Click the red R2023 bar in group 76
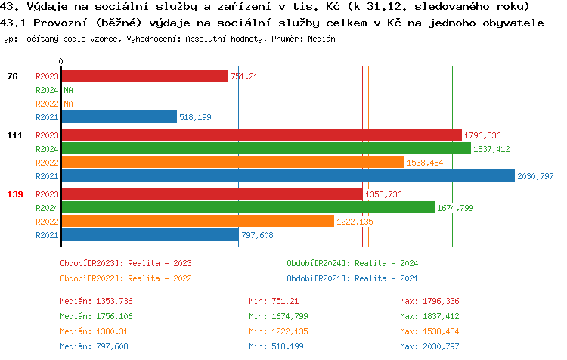[x=144, y=76]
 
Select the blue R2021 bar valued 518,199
[x=119, y=116]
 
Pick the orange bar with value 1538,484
[x=232, y=163]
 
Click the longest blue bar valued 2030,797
[x=287, y=176]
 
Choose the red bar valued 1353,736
[x=212, y=194]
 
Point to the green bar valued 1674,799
[x=247, y=208]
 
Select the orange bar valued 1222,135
[x=197, y=222]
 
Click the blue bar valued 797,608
[x=149, y=235]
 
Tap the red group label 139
[x=15, y=194]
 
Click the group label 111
[x=15, y=135]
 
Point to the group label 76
[x=12, y=76]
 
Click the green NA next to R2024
[x=68, y=90]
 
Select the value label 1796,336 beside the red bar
[x=482, y=135]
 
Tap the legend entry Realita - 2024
[x=352, y=263]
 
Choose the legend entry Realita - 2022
[x=125, y=278]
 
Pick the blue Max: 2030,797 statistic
[x=429, y=346]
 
